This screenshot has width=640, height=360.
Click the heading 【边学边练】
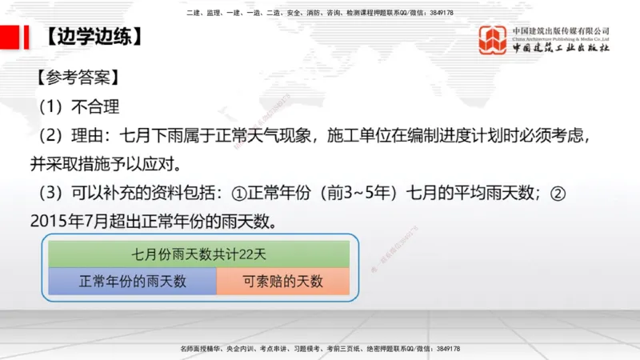coord(94,38)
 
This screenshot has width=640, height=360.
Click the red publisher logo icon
coord(493,40)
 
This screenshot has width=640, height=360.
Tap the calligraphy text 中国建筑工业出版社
coord(561,48)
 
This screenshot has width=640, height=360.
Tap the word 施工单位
coord(357,134)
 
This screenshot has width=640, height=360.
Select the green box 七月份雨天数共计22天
coord(199,254)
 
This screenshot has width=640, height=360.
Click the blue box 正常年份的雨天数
coord(133,281)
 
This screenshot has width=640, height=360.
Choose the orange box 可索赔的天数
coord(283,281)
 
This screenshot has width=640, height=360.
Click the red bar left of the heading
coord(10,38)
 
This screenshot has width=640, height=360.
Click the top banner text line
coord(319,13)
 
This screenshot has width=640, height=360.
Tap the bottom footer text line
coord(319,349)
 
